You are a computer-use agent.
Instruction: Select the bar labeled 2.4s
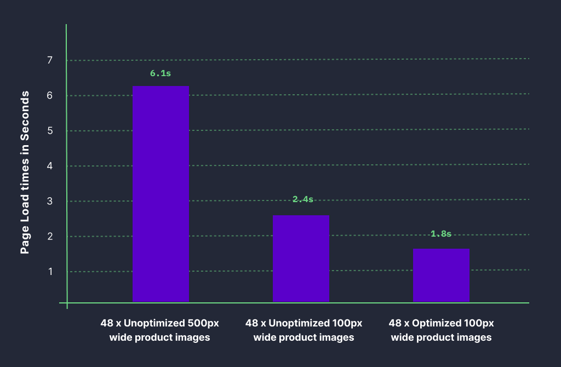[301, 258]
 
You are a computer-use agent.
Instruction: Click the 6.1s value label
[161, 73]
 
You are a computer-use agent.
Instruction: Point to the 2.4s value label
[302, 199]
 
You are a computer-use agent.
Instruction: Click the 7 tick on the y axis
[49, 60]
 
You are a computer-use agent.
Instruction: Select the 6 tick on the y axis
[49, 95]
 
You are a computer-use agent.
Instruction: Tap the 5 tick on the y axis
[49, 131]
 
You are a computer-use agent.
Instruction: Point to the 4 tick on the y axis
[49, 166]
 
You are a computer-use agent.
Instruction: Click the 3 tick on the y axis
[49, 201]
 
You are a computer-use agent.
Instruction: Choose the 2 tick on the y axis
[49, 236]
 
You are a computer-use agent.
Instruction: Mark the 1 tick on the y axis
[49, 272]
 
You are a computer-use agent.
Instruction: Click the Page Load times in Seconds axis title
[25, 172]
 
